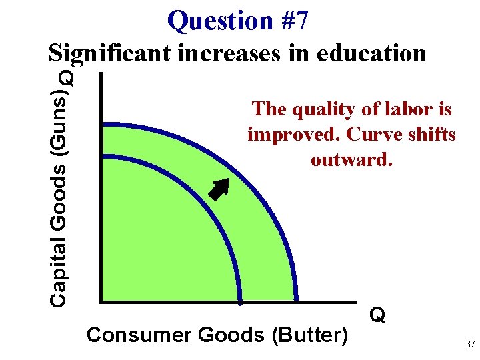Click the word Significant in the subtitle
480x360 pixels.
[x=111, y=53]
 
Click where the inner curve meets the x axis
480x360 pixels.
[x=241, y=301]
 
